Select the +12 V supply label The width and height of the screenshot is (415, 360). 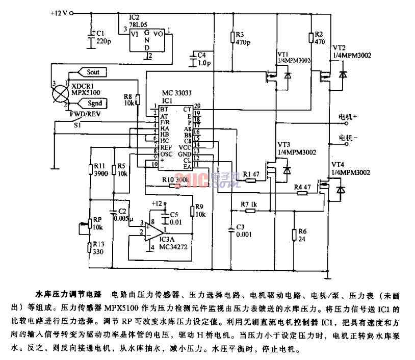point(60,12)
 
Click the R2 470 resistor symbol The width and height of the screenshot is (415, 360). point(310,37)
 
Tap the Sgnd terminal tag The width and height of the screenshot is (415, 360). point(93,104)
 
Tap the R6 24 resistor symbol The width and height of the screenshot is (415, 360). point(295,235)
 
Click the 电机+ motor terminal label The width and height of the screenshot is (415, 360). point(348,117)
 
